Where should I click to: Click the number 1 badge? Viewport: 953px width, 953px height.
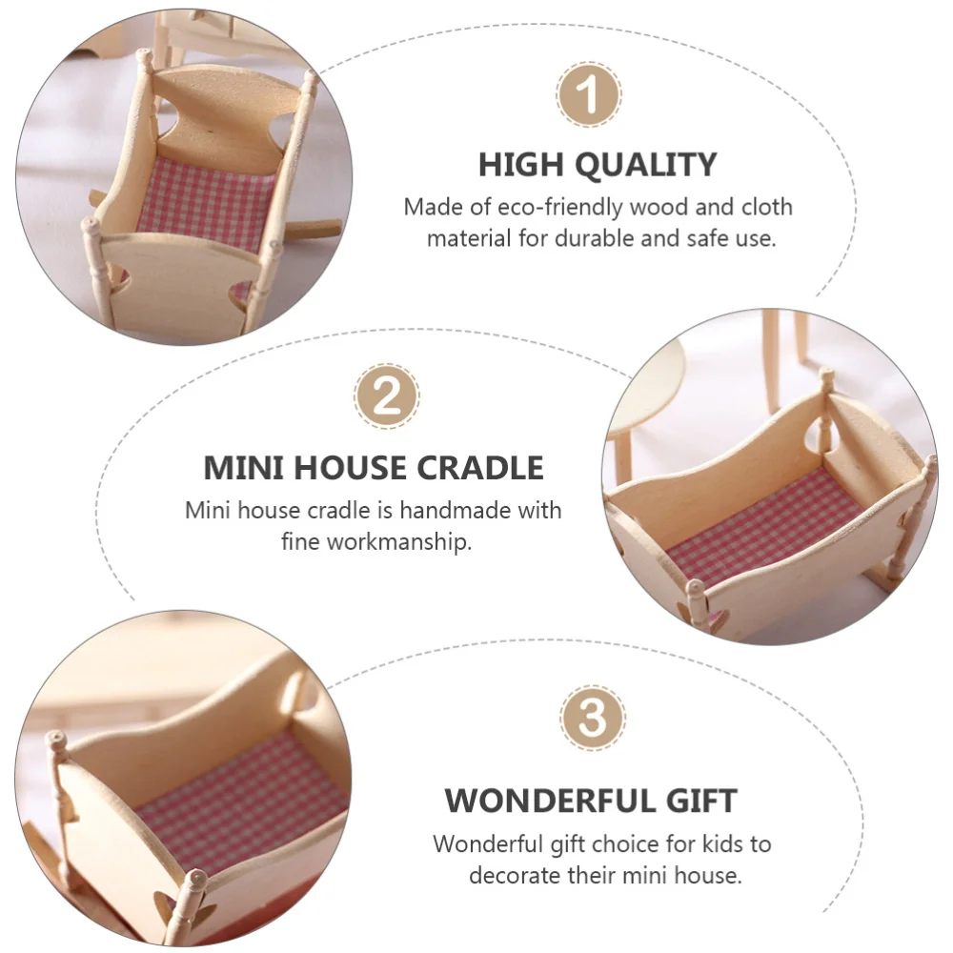tap(589, 94)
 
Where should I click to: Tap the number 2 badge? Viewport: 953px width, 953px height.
tap(386, 395)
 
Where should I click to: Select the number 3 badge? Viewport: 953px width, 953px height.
tap(593, 718)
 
